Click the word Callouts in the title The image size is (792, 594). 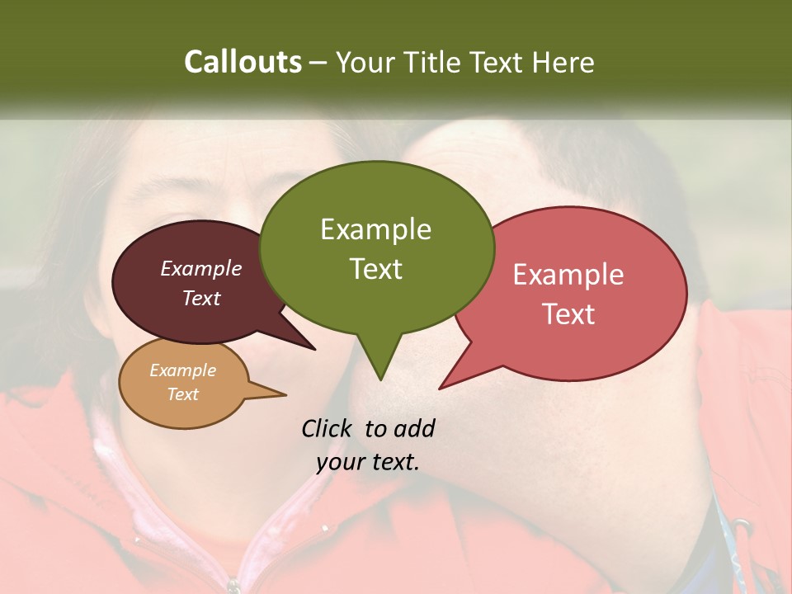coord(243,62)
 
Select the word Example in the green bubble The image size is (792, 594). coord(375,229)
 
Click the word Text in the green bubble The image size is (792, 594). coord(375,269)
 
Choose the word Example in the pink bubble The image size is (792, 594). coord(568,275)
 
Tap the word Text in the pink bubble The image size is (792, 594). coord(568,314)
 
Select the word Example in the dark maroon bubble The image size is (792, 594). coord(201,268)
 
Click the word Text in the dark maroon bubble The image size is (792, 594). coord(201,298)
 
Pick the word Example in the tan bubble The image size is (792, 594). coord(182,370)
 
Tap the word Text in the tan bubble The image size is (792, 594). coord(182,394)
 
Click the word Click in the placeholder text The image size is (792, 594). coord(328,428)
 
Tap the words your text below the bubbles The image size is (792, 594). coord(368,462)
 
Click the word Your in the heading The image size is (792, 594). coord(365,62)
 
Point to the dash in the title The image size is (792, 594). coord(319,63)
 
